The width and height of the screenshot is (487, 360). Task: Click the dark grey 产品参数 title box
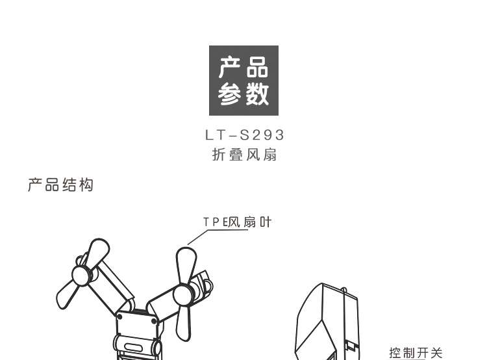(x=243, y=81)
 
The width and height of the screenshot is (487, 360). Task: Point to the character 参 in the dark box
(x=228, y=96)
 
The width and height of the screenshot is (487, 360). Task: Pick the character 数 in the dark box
(x=258, y=96)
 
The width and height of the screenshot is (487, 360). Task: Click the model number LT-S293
(x=244, y=136)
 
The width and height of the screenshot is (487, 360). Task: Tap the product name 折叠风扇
(x=244, y=155)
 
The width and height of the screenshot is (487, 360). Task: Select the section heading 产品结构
(x=61, y=185)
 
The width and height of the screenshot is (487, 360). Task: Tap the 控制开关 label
(x=416, y=353)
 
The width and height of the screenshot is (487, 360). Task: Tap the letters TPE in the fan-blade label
(x=212, y=222)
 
